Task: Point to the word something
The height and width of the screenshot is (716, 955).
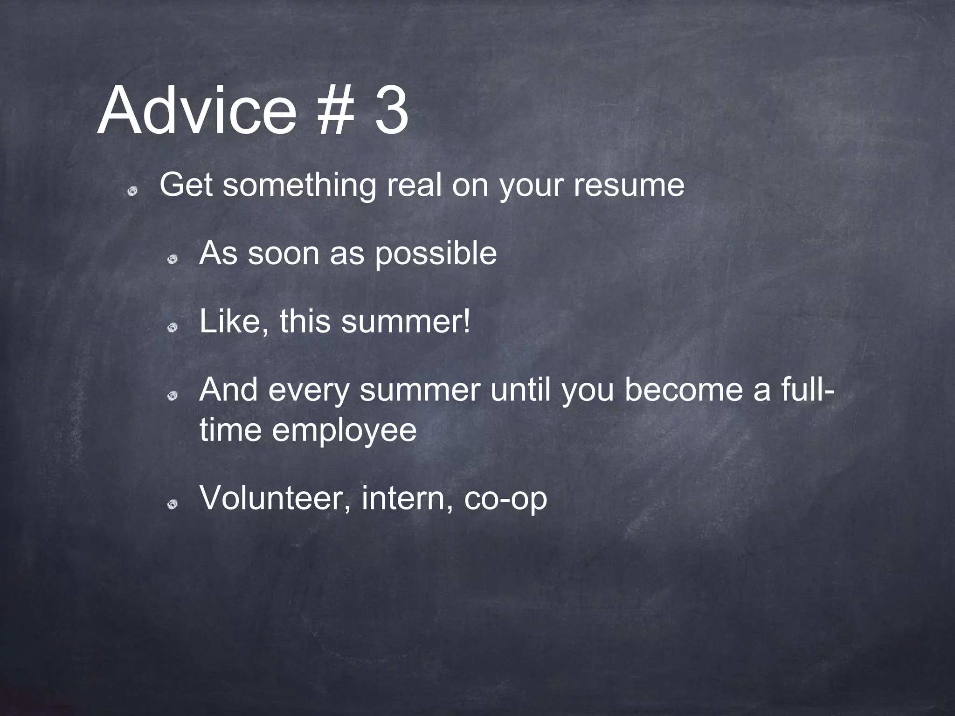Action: pos(299,186)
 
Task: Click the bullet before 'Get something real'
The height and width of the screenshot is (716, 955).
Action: pos(133,191)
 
